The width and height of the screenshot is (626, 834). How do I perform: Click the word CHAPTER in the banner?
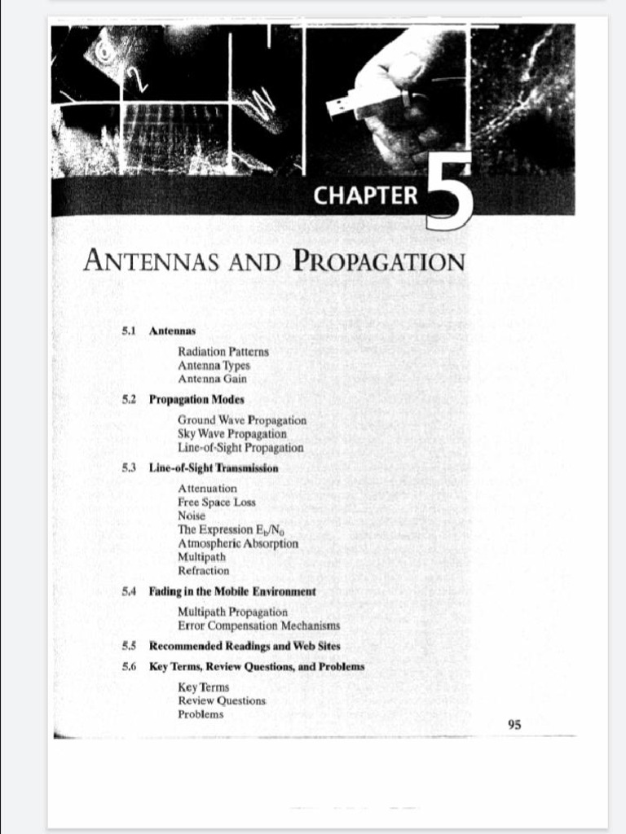tap(365, 196)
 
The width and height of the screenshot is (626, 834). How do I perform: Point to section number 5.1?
tap(129, 331)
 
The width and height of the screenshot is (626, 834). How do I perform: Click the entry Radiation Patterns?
tap(223, 352)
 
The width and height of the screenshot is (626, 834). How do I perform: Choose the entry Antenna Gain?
tap(212, 379)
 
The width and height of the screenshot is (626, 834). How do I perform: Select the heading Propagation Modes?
tap(196, 400)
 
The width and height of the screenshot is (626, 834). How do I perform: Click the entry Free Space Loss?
tap(216, 502)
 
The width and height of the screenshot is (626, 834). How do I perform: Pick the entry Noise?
tap(192, 516)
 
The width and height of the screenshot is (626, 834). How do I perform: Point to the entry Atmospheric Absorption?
tap(238, 543)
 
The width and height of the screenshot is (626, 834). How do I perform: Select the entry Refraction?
tap(203, 571)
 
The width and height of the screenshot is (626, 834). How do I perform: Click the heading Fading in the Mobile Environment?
tap(232, 591)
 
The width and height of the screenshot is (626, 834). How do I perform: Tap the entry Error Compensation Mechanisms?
tap(258, 625)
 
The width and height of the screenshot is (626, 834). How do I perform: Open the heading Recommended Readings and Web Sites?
tap(245, 646)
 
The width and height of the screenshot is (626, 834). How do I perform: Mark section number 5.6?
tap(129, 666)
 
